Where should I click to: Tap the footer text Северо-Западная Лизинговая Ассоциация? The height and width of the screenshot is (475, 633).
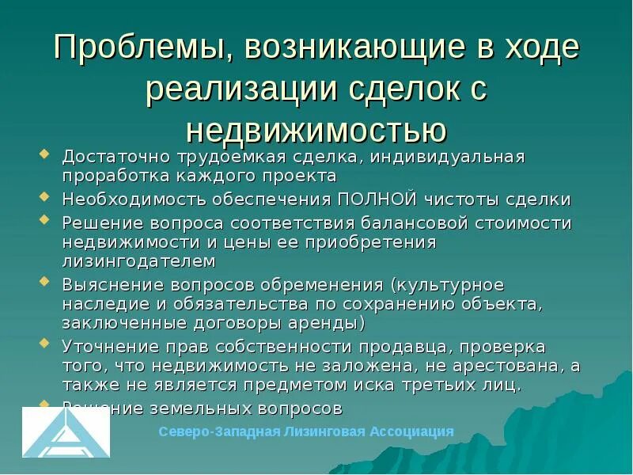(306, 431)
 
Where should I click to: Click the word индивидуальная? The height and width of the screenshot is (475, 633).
(442, 157)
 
